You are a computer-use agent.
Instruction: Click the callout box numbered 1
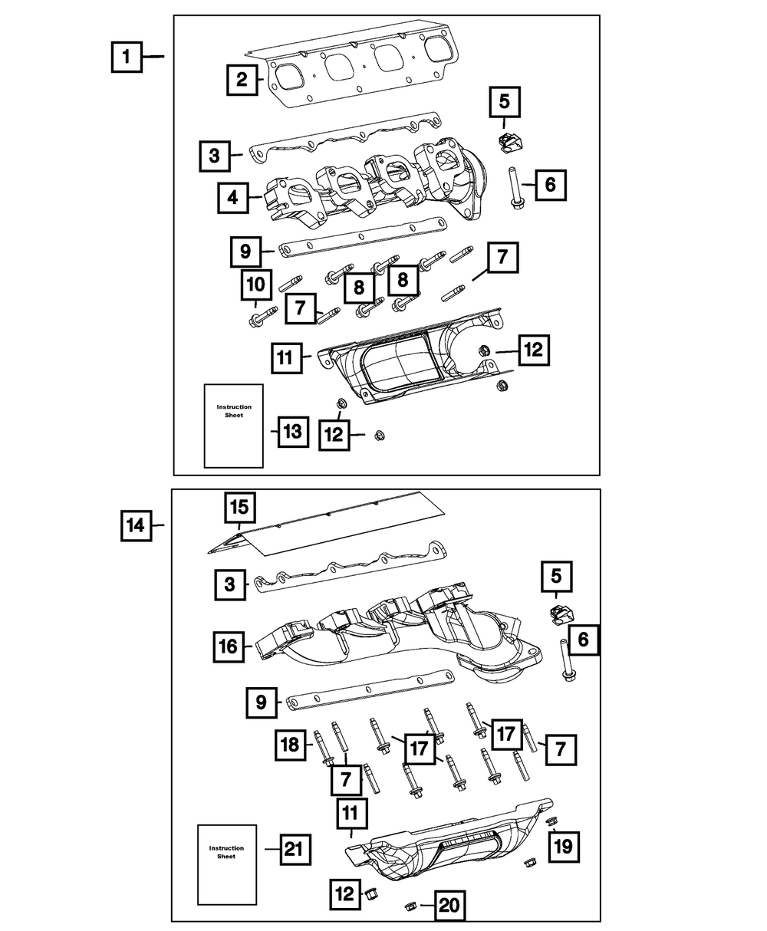[127, 57]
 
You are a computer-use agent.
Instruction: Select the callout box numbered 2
[242, 80]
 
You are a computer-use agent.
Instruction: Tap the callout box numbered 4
[232, 199]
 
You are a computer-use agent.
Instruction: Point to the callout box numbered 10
[257, 285]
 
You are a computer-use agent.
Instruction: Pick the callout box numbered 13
[292, 433]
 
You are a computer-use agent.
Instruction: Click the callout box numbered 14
[136, 526]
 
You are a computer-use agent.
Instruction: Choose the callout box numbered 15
[240, 507]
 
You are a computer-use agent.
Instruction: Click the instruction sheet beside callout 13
[233, 426]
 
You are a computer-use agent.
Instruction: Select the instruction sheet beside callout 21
[226, 865]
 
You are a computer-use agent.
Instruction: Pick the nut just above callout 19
[551, 821]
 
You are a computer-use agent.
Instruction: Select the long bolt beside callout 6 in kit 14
[568, 660]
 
